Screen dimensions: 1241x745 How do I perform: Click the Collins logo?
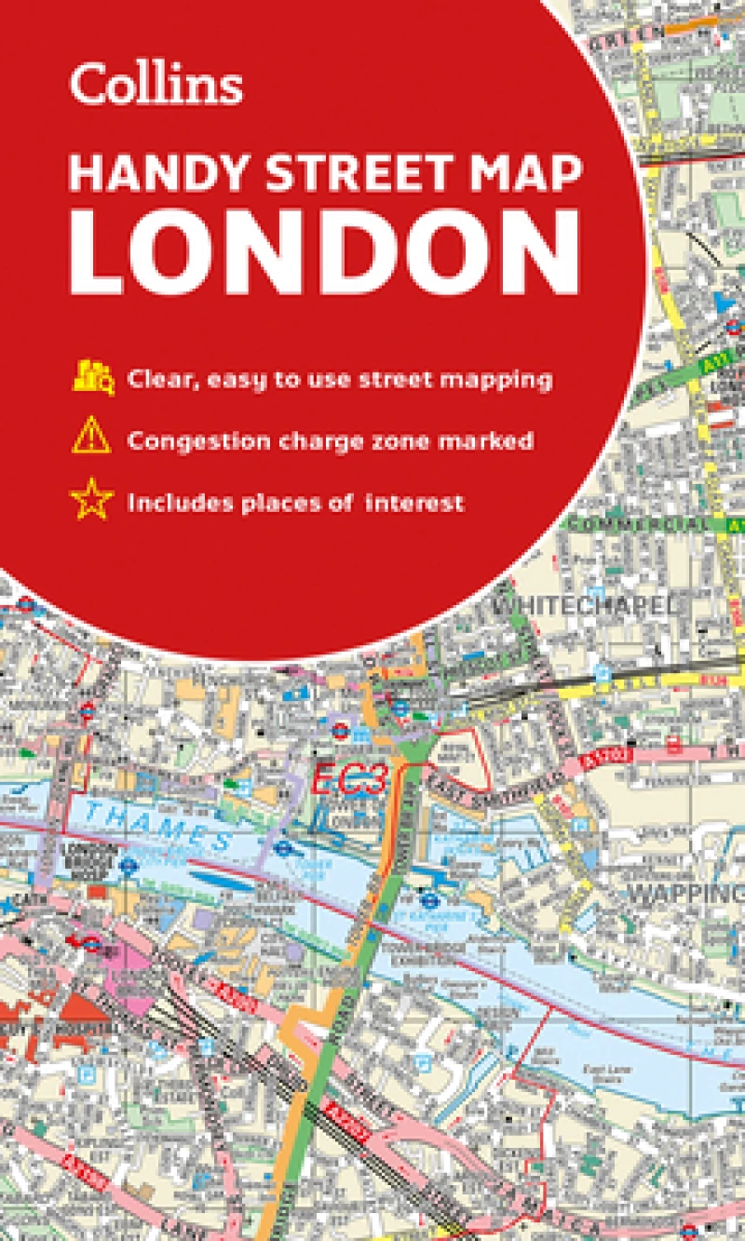(156, 85)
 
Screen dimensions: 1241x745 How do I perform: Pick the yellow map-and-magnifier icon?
(92, 379)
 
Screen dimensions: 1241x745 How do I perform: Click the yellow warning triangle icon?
(91, 439)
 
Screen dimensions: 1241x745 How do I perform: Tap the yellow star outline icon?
(91, 503)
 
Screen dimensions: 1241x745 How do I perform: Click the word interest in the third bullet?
(414, 504)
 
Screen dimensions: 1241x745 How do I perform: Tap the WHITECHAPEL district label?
(583, 605)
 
